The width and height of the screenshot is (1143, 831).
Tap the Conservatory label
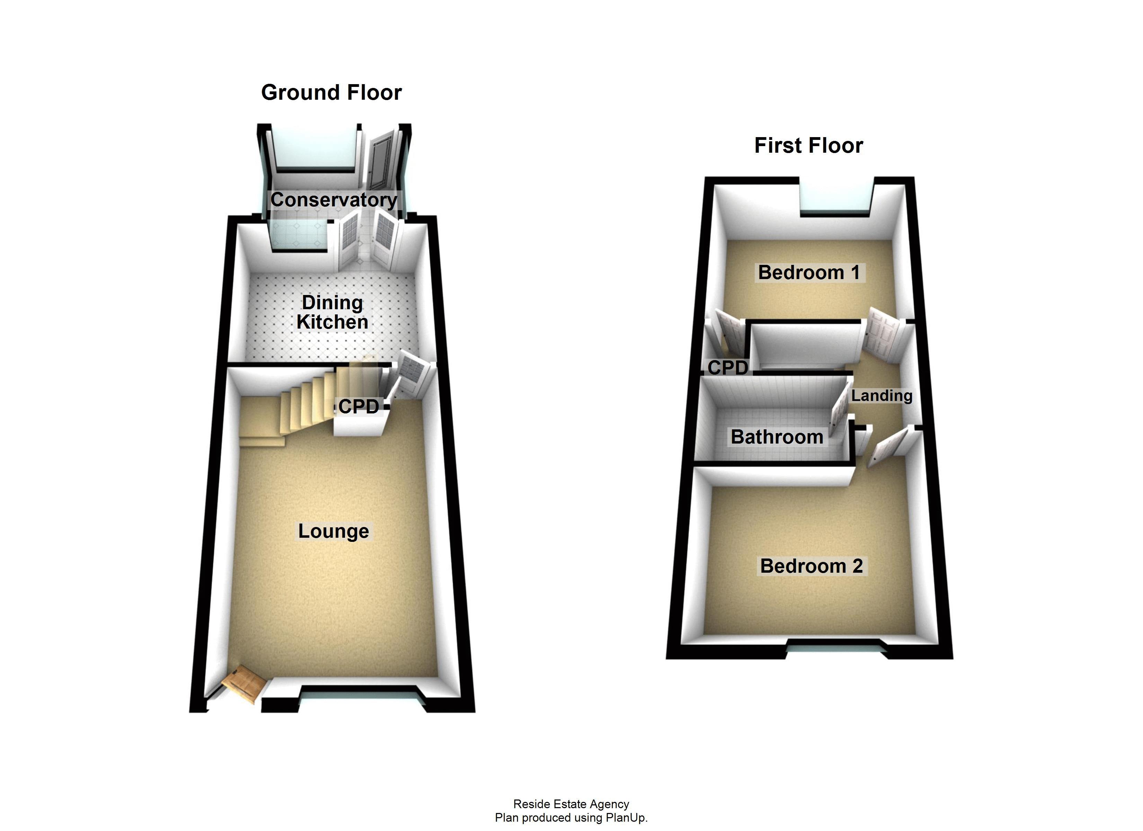pos(334,199)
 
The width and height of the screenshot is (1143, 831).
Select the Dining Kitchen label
pos(332,312)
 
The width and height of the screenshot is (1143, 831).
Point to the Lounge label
pos(333,531)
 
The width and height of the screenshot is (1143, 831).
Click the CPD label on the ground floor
pos(358,406)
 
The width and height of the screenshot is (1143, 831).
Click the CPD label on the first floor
pos(727,368)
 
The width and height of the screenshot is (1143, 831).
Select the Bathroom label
pos(777,437)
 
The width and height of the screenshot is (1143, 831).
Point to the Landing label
pos(881,396)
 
